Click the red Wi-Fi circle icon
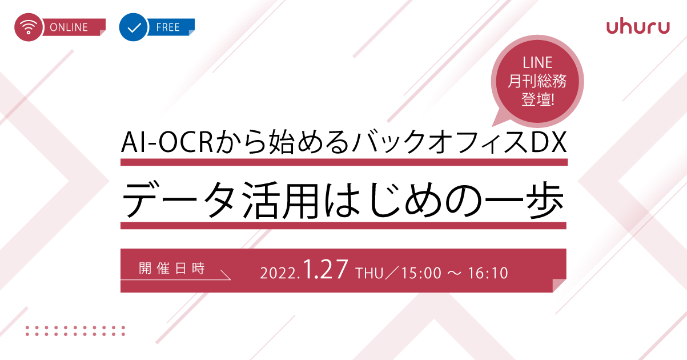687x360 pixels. (28, 27)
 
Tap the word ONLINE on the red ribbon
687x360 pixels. (69, 27)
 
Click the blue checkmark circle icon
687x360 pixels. (134, 27)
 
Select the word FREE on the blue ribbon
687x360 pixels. (168, 27)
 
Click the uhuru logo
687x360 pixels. (638, 27)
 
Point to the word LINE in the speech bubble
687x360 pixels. (537, 63)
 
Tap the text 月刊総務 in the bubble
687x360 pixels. (537, 81)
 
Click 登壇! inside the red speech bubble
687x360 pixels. (538, 99)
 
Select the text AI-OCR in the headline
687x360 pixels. (167, 142)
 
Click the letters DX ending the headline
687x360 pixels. (548, 142)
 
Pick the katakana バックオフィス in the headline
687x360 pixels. (441, 142)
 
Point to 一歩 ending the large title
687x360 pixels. (524, 200)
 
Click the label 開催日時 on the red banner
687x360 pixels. (172, 269)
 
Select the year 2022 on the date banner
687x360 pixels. (279, 273)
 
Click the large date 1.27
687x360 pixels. (326, 269)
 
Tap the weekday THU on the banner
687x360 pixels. (369, 273)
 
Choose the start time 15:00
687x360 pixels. (421, 273)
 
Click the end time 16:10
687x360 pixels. (488, 273)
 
